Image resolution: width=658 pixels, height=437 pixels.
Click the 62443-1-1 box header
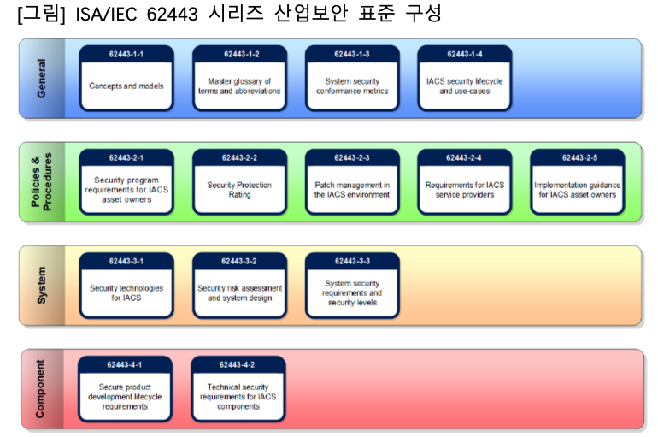coord(126,54)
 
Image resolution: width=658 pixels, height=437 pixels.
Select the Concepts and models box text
coord(126,86)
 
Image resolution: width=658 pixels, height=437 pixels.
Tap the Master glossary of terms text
coord(239,86)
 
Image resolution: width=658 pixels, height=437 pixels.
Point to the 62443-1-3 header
coord(352,54)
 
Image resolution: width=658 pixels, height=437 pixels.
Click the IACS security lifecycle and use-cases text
coord(465,86)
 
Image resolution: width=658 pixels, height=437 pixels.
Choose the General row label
coord(41,79)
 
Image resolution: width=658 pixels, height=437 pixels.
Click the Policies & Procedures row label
coord(41,182)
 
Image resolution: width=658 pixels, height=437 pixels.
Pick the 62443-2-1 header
coord(126,158)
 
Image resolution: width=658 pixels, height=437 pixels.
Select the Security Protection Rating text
coord(239,190)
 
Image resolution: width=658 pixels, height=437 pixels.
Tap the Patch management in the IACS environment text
coord(352,190)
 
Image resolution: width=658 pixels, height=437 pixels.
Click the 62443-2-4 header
coord(464,158)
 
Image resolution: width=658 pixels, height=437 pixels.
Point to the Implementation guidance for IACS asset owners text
coord(578,190)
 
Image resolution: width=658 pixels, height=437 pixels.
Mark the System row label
coord(41,286)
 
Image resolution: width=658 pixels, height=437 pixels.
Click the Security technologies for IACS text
coord(126,293)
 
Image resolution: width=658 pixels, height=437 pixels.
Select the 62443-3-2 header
coord(239,261)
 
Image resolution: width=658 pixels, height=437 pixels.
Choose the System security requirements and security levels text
coord(352,293)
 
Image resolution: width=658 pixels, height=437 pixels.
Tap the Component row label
coord(40,389)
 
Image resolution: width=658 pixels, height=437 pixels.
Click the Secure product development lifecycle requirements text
coord(125,397)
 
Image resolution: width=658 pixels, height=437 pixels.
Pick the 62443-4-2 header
coord(237,365)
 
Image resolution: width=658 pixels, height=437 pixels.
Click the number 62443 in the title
coord(172,14)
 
